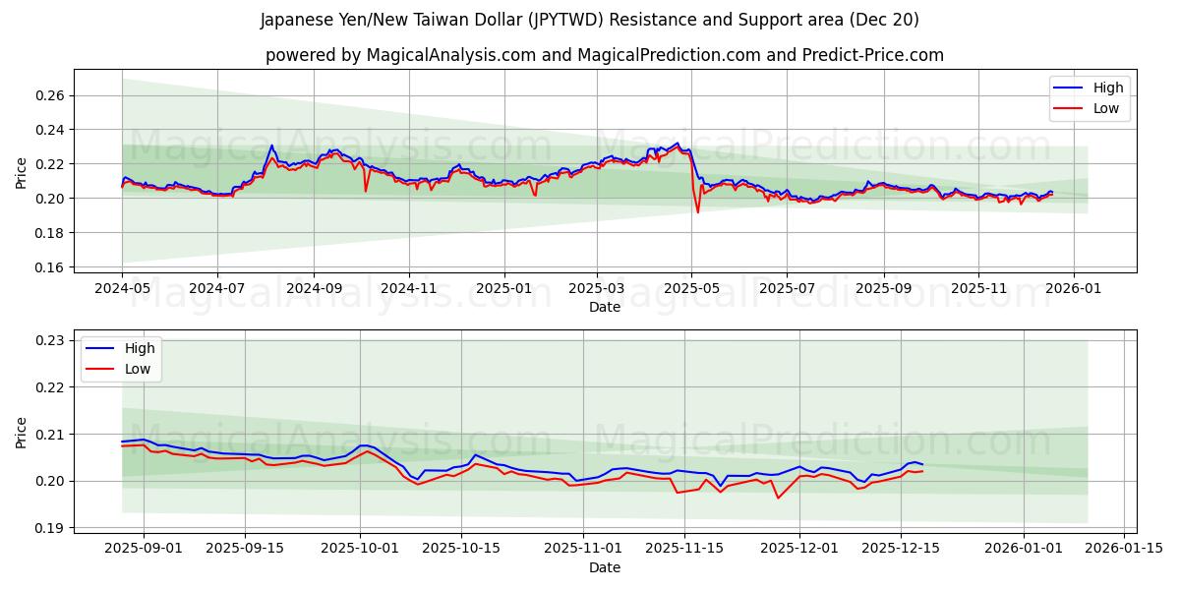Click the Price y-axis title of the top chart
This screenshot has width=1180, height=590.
[22, 173]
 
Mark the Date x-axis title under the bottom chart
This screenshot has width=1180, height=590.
[605, 567]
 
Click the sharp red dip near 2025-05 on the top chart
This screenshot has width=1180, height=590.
[698, 211]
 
